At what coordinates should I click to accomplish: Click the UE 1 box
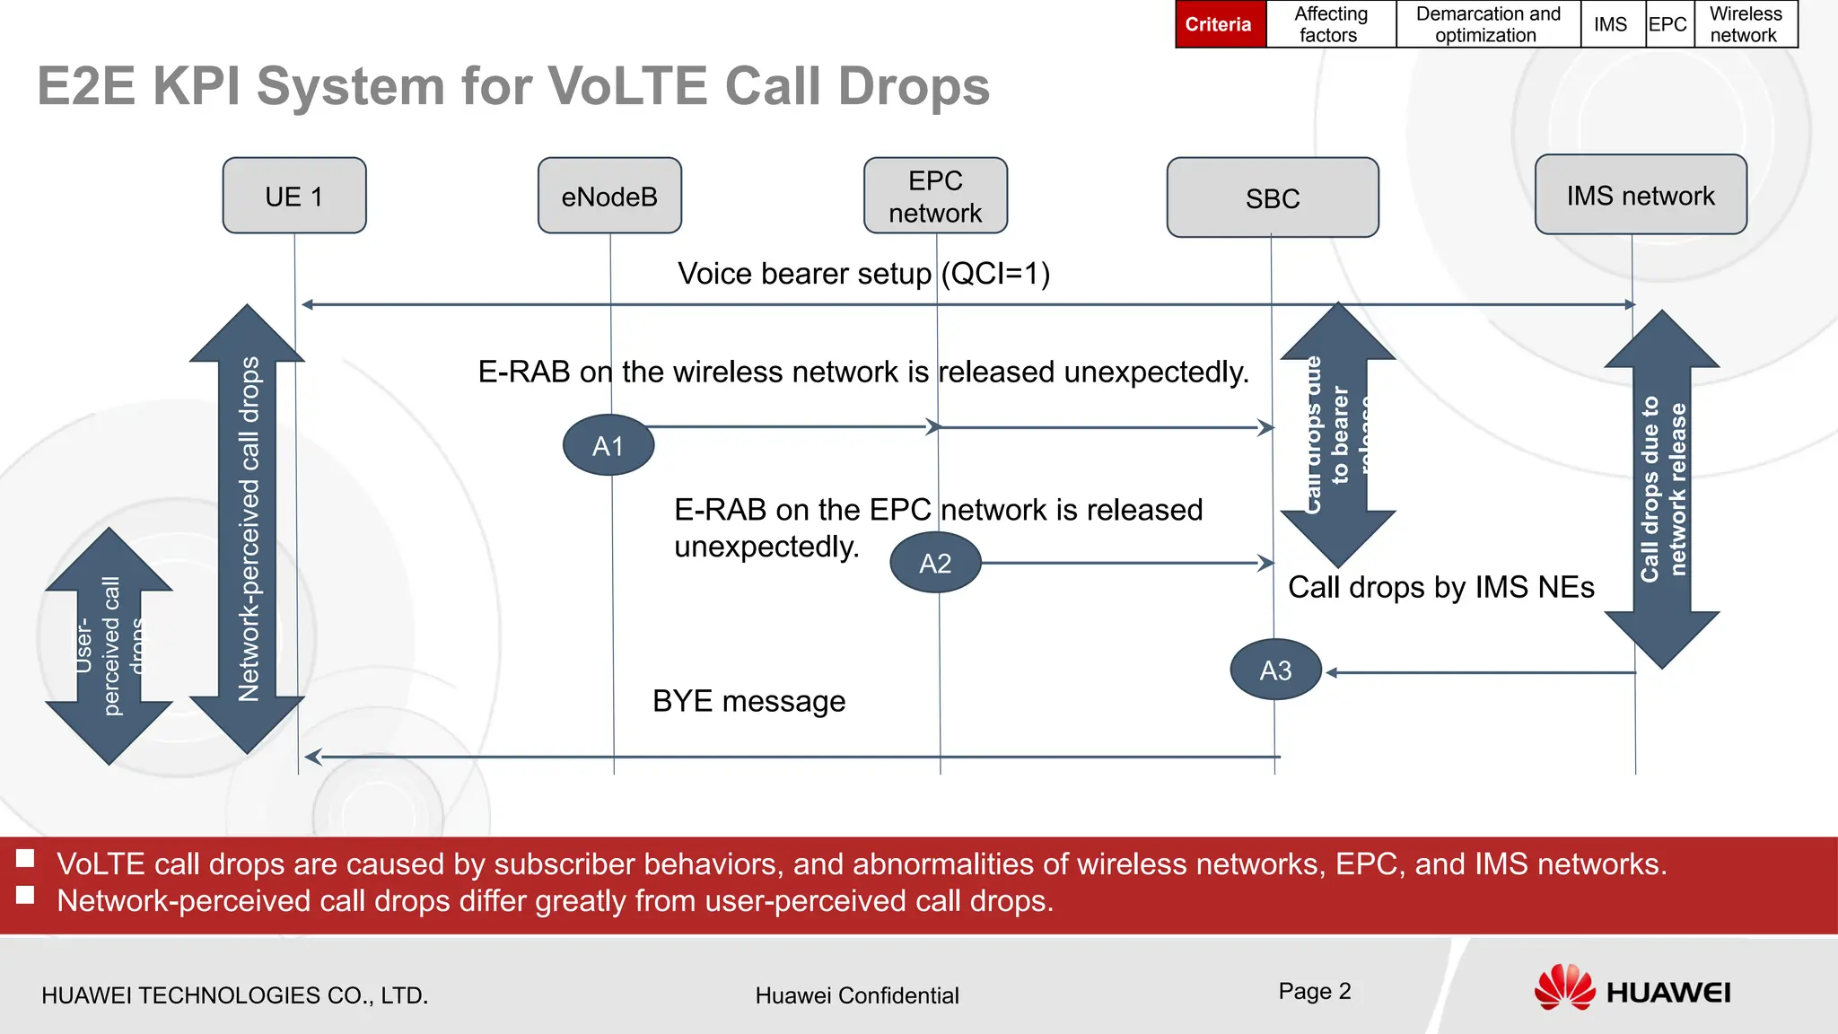point(294,196)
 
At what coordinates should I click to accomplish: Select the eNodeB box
point(609,196)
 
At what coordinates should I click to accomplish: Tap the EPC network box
point(935,196)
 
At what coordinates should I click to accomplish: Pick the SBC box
point(1273,197)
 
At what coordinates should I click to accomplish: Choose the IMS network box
point(1641,195)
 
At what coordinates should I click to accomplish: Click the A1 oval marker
point(608,445)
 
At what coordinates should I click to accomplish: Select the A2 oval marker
point(935,563)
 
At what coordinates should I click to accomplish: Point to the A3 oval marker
point(1275,670)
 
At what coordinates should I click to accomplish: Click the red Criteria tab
point(1219,24)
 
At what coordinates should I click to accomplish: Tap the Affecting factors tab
point(1330,24)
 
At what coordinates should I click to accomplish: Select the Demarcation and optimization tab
point(1487,24)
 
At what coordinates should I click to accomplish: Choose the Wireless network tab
point(1745,24)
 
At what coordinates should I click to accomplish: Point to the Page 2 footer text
point(1315,991)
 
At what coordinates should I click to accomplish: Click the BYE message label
point(748,701)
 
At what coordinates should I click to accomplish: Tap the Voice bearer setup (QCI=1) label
point(863,273)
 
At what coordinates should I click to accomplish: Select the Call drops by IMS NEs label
point(1440,587)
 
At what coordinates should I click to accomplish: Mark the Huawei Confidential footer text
point(857,995)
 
